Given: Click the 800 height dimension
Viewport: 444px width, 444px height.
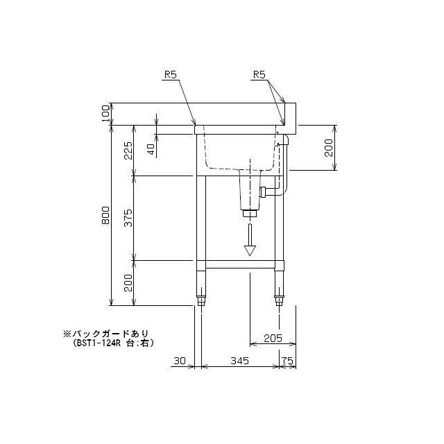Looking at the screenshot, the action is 105,215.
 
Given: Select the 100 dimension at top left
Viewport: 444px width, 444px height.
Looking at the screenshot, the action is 105,113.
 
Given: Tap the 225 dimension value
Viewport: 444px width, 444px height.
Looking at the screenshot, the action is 128,151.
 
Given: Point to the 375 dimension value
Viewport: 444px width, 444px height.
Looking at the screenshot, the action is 128,218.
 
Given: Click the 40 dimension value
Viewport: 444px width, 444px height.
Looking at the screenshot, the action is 151,149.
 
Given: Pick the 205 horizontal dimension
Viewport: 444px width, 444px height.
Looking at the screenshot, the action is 273,338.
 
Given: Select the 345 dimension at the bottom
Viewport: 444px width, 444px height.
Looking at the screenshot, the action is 239,361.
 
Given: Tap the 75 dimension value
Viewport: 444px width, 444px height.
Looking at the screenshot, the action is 287,361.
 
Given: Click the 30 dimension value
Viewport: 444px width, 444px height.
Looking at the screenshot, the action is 180,361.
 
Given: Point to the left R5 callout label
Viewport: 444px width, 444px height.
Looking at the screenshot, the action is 171,75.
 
